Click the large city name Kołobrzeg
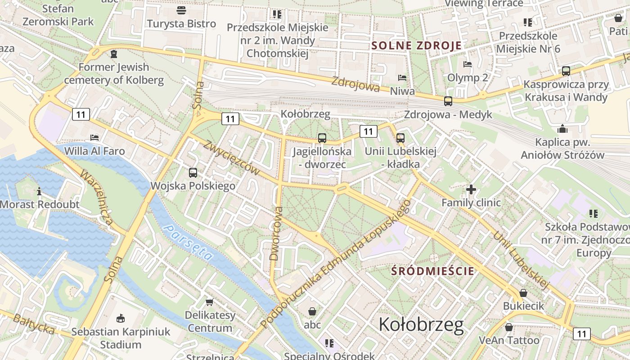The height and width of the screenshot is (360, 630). [x=421, y=324]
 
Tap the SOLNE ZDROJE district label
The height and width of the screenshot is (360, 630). [x=417, y=45]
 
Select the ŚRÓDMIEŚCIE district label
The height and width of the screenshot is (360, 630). [x=433, y=271]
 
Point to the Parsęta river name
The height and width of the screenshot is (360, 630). [x=189, y=243]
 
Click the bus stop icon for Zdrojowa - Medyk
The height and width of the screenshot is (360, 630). [x=448, y=101]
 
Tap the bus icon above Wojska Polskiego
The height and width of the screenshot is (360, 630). [x=193, y=172]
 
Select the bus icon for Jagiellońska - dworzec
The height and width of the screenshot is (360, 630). [x=322, y=138]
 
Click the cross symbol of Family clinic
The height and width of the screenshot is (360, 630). [x=471, y=189]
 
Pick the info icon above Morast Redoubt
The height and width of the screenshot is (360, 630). [x=39, y=191]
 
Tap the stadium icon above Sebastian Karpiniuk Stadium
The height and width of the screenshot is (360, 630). [x=120, y=319]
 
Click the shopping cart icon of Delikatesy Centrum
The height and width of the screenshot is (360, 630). [x=209, y=302]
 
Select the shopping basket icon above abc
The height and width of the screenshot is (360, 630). [x=312, y=311]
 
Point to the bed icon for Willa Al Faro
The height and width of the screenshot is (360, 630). [x=94, y=137]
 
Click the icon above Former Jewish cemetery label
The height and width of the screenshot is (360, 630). [x=114, y=54]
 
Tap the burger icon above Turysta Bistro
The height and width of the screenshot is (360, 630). [x=181, y=10]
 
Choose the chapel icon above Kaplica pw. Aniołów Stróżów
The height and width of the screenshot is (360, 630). [x=562, y=129]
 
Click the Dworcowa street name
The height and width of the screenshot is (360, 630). [x=276, y=234]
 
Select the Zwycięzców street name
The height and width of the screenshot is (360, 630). [x=232, y=157]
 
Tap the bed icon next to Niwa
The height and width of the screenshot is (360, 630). [x=402, y=78]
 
